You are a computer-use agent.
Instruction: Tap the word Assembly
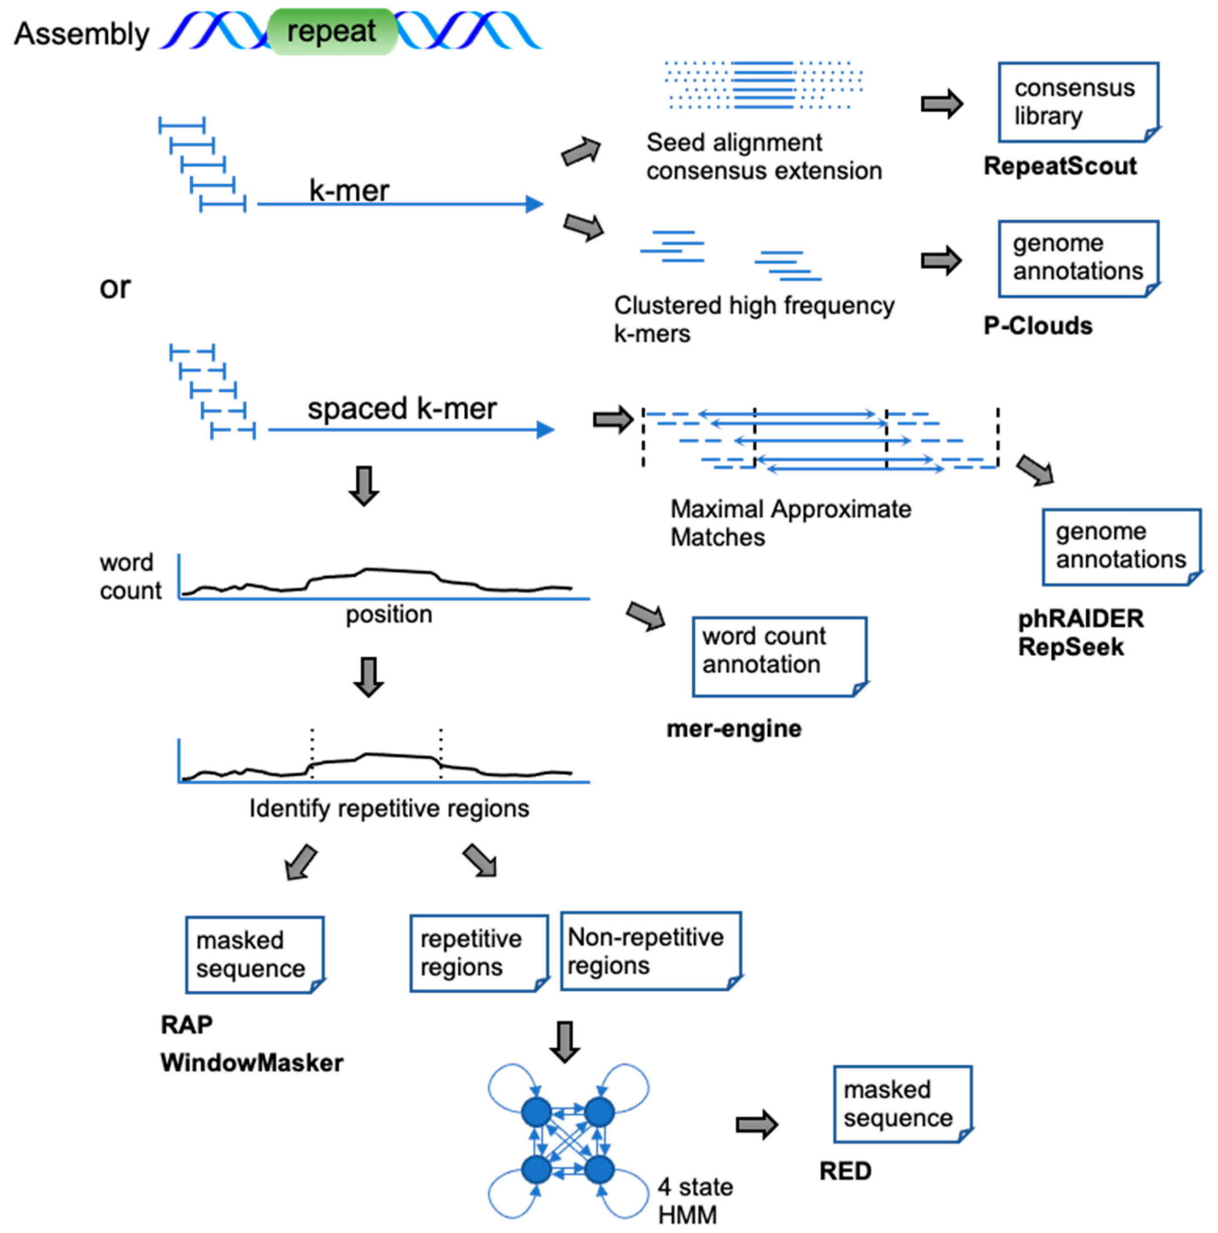coord(81,34)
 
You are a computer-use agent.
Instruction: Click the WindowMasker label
coord(251,1063)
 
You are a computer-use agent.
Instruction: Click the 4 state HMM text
coord(694,1200)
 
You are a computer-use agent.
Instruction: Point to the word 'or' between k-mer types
coord(115,288)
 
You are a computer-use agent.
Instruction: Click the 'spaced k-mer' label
coord(402,409)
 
